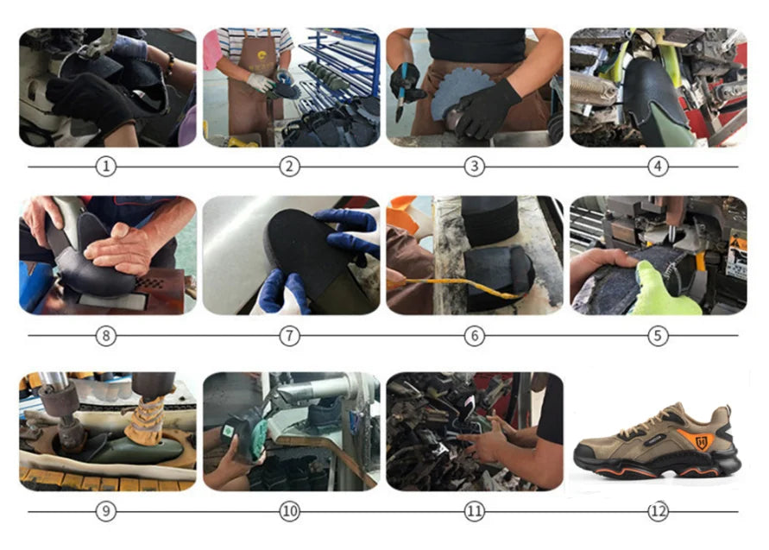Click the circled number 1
[105, 167]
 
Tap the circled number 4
[658, 167]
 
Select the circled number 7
[289, 336]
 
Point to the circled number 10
[289, 511]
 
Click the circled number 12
[658, 511]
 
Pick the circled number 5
[658, 336]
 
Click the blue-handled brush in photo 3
[402, 94]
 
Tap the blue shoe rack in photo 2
[338, 64]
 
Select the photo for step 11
[475, 432]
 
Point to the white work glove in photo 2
[260, 82]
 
